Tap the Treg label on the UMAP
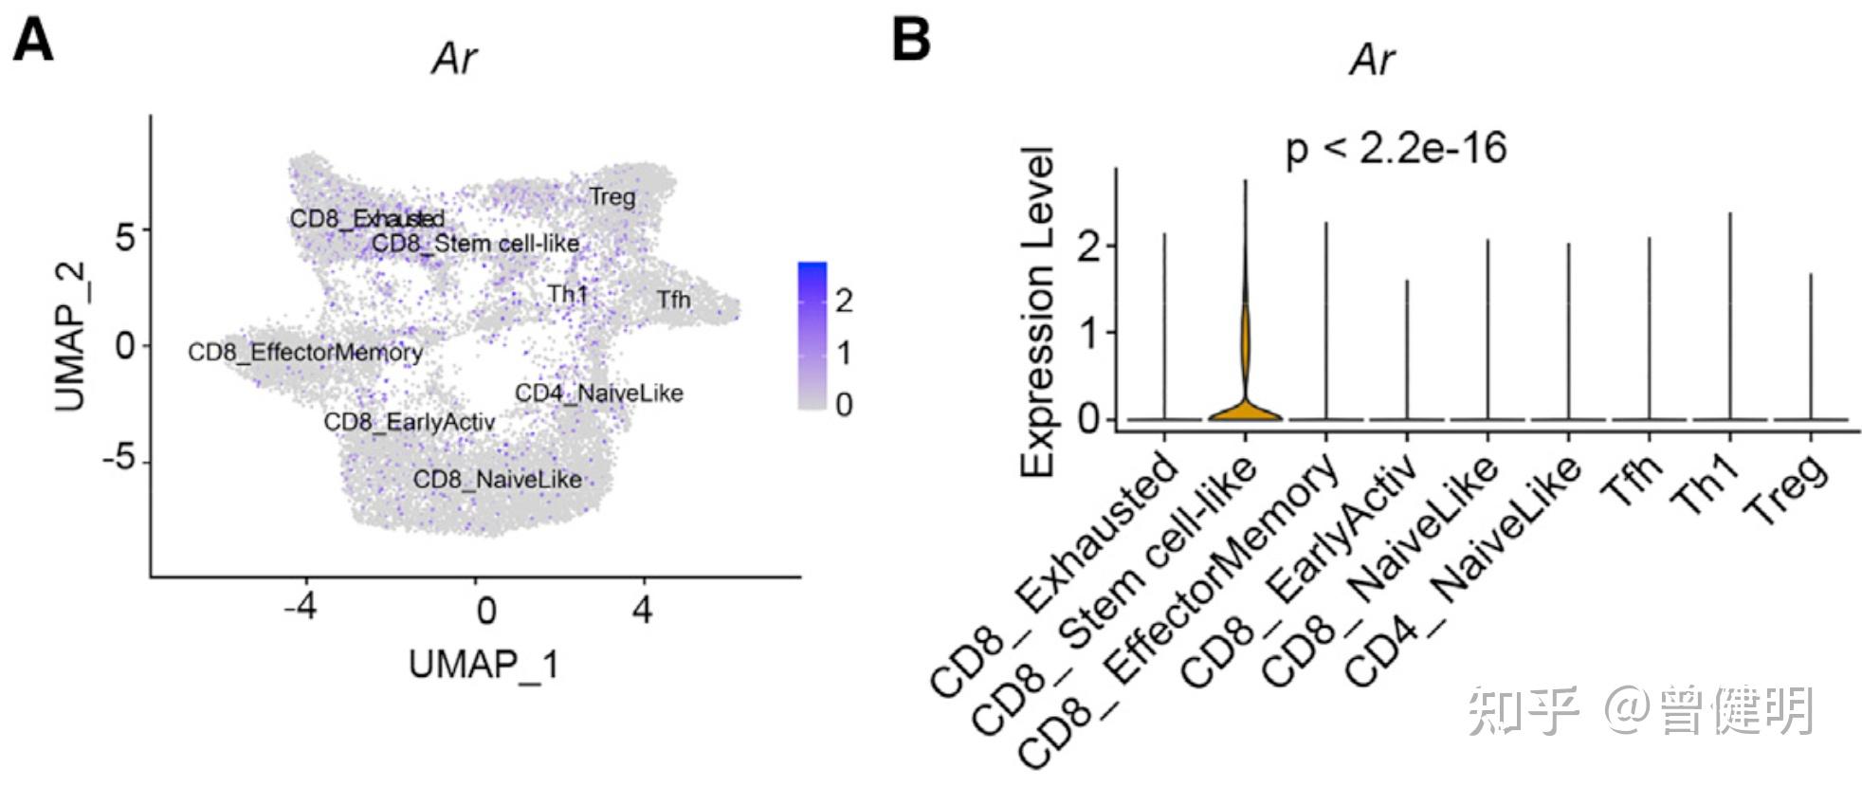(612, 197)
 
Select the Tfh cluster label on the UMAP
(673, 301)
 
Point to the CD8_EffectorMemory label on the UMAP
(304, 353)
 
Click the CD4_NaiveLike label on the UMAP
(598, 393)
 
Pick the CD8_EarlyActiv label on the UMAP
(409, 422)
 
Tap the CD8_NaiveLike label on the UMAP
(497, 480)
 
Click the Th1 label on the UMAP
(567, 294)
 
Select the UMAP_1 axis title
(484, 665)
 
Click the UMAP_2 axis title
(70, 337)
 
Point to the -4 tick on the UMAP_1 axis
(301, 608)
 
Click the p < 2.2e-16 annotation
(1396, 149)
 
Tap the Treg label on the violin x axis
(1787, 490)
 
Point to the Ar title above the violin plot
(1372, 60)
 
